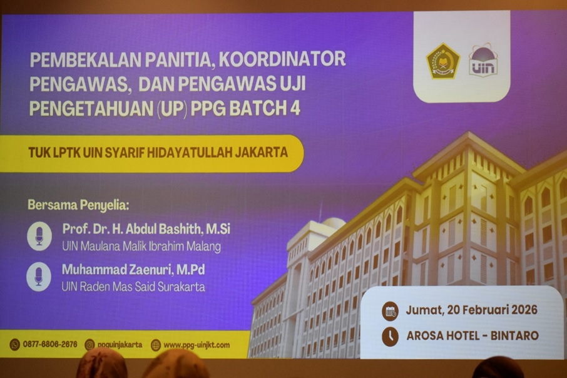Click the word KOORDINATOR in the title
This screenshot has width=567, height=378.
coord(282,59)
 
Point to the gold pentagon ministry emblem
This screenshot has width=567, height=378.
coord(443,61)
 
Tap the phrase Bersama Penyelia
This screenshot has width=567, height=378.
coord(78,205)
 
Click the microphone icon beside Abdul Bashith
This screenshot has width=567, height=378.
coord(39,236)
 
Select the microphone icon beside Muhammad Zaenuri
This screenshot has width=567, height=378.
coord(39,277)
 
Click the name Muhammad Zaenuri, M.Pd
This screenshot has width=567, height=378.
coord(133,270)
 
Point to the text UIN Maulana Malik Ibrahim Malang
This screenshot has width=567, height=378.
coord(141,247)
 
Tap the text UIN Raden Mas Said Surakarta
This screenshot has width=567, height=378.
coord(133,287)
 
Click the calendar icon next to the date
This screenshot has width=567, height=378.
coord(390,311)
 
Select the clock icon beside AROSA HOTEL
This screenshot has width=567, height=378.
coord(390,337)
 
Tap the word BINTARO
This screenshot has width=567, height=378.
coord(514,335)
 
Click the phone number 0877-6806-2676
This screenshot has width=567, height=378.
coord(50,344)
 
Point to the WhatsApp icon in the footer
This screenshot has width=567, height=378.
coord(15,345)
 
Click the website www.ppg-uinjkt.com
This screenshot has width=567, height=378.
coord(197,345)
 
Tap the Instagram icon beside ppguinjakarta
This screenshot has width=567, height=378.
coord(89,345)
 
